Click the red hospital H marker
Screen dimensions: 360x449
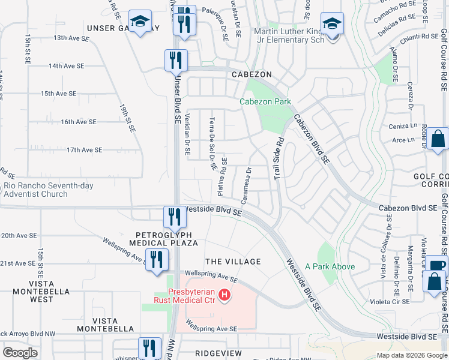point(224,295)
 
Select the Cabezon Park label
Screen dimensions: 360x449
point(265,101)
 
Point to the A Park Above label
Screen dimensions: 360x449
point(330,266)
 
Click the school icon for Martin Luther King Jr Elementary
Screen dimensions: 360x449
point(332,25)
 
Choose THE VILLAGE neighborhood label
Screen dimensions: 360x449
point(233,262)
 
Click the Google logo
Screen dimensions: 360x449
point(20,353)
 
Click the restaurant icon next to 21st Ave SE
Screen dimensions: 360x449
point(156,260)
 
